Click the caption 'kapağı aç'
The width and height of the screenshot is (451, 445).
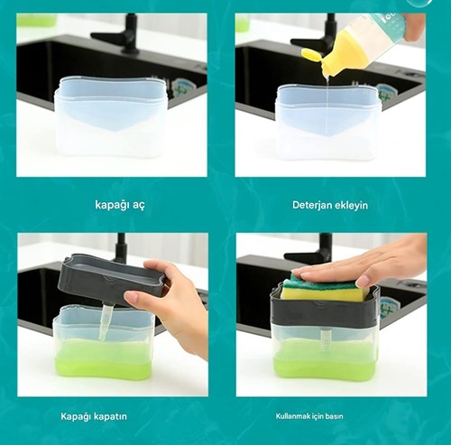120,205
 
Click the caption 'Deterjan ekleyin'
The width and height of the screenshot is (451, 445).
330,205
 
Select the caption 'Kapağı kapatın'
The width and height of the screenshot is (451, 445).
94,416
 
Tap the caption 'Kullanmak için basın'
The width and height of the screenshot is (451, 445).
309,416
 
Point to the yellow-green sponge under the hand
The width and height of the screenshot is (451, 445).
325,289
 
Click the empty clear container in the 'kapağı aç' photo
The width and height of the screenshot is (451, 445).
111,116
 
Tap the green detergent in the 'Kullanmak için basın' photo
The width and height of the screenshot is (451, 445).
325,358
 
